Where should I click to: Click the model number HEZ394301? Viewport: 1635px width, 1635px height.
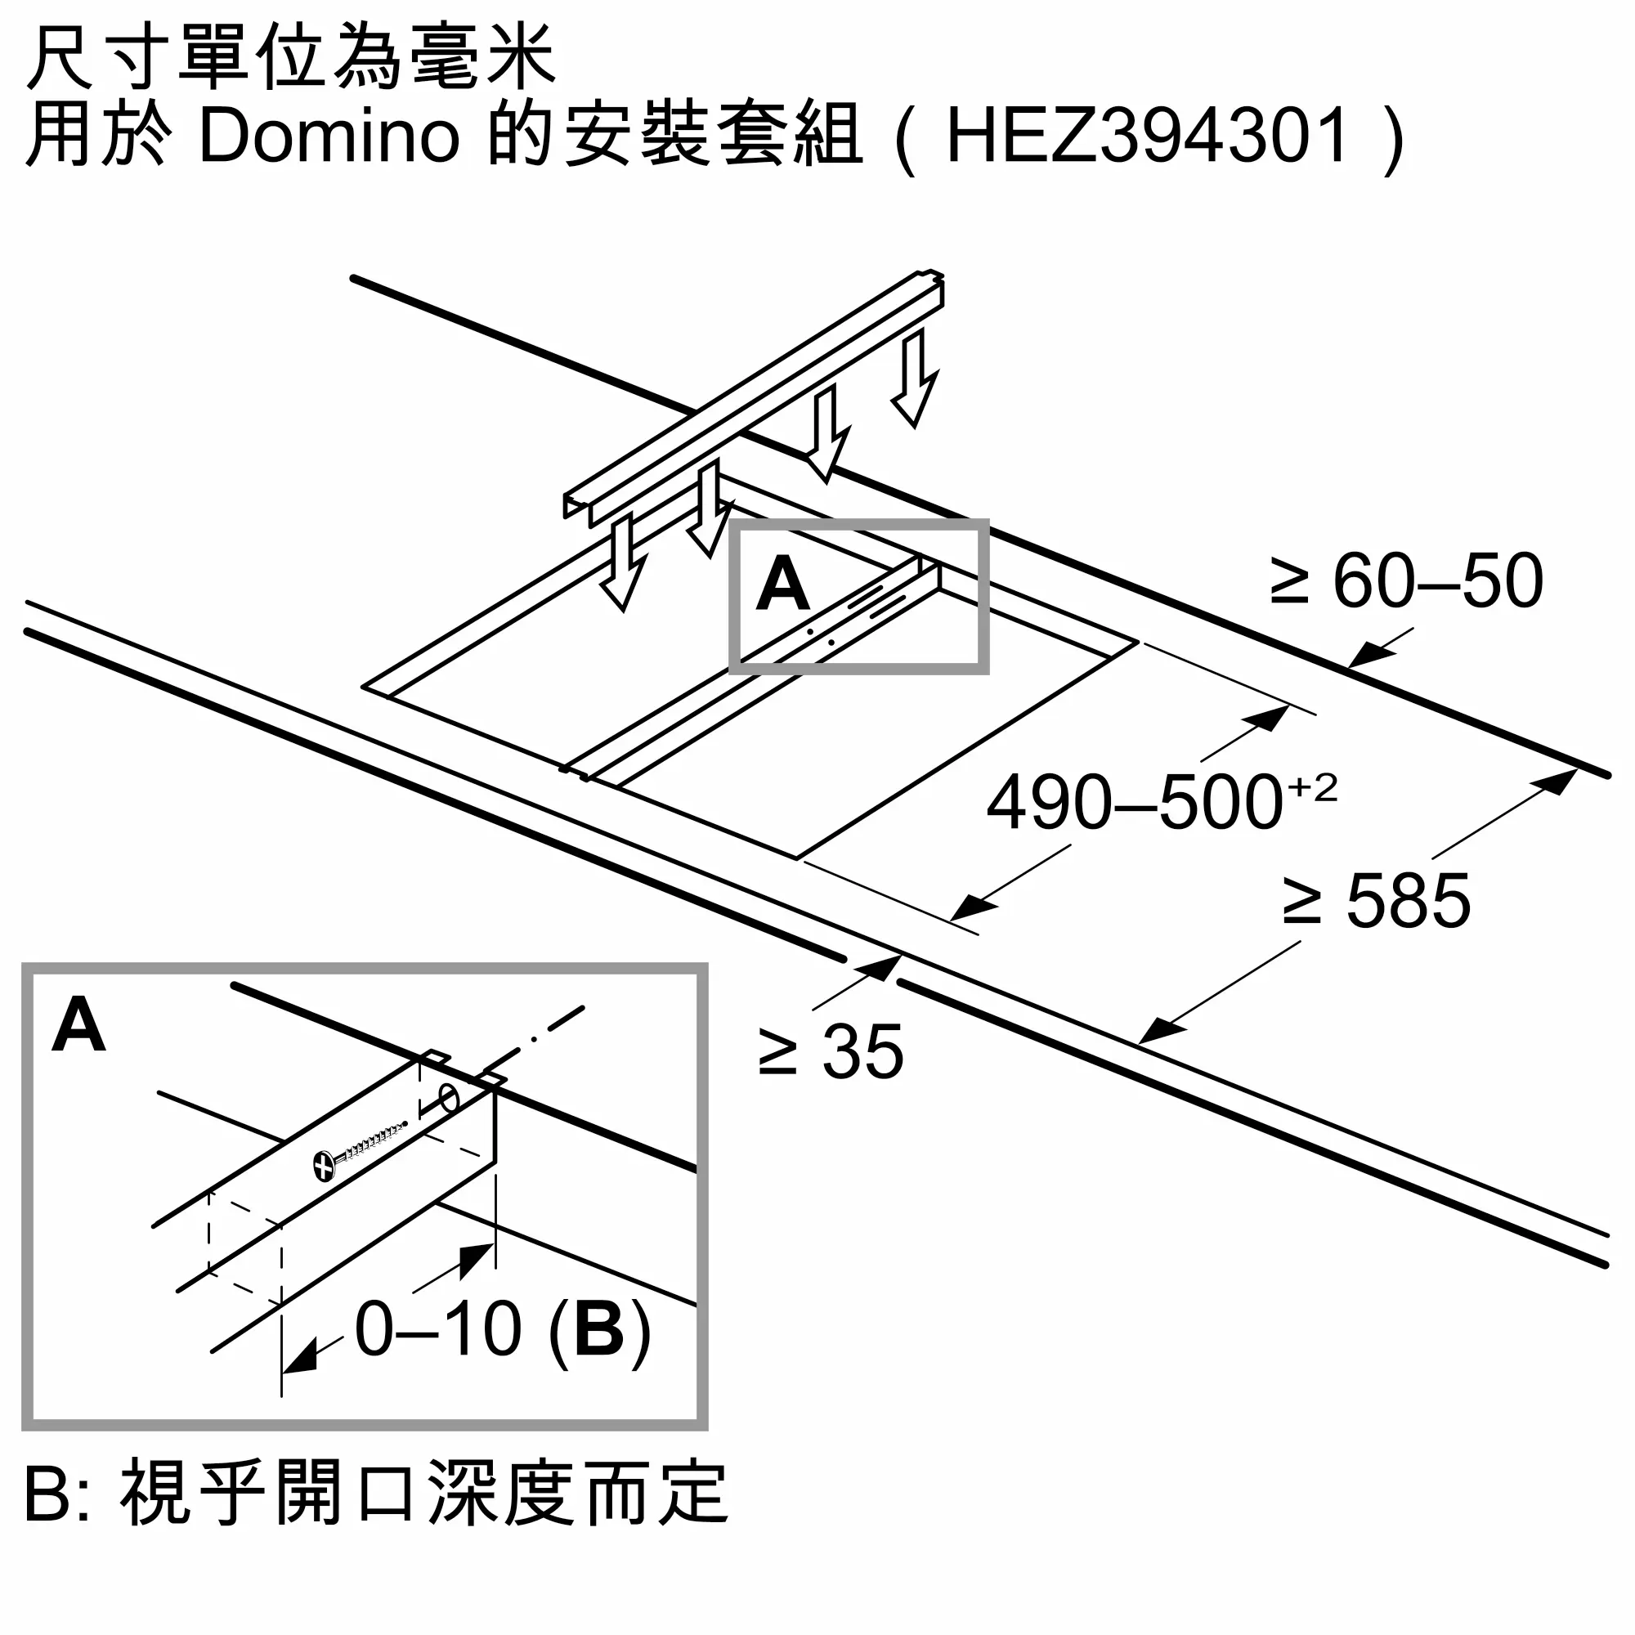pos(1147,137)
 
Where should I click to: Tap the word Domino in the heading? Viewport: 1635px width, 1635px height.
pos(329,137)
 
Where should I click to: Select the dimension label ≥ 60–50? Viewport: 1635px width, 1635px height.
pos(1406,581)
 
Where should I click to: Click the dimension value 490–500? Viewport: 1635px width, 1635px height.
pos(1134,803)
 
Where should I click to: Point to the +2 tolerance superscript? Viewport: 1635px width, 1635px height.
pos(1312,789)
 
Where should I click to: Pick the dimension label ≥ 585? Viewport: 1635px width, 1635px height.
pos(1376,900)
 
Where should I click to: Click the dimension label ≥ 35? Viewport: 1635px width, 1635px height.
pos(831,1052)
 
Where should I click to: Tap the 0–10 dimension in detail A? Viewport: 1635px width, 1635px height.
pos(438,1329)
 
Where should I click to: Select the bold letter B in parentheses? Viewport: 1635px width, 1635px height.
pos(598,1329)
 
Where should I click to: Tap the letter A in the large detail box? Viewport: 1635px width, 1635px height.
pos(78,1026)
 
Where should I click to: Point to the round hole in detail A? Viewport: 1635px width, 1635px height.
pos(450,1101)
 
